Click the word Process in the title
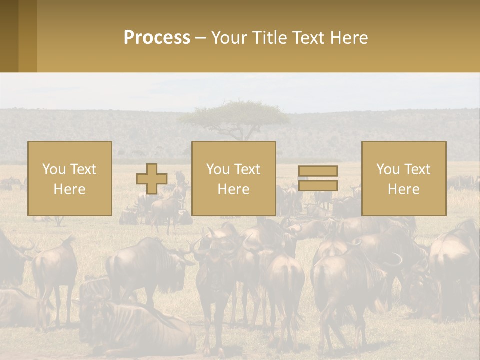point(157,38)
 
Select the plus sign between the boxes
point(152,179)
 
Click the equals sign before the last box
point(318,178)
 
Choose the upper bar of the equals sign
point(318,171)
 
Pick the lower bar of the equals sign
point(318,185)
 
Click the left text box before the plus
point(70,178)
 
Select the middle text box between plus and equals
point(234,178)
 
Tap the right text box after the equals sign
point(404,178)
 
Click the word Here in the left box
point(70,189)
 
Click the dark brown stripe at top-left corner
point(9,36)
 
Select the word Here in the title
point(350,38)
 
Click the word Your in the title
point(229,38)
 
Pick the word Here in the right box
point(404,189)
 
